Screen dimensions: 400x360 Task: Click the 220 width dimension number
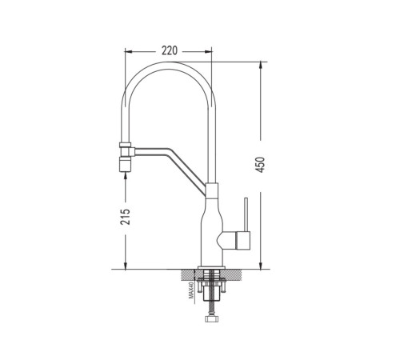(x=170, y=50)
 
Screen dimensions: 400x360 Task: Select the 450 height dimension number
(x=260, y=165)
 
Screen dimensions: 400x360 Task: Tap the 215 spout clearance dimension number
(x=126, y=217)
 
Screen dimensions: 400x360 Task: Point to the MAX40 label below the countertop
(x=191, y=290)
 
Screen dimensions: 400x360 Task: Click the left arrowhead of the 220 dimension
(x=128, y=51)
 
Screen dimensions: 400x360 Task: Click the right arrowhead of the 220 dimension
(x=208, y=51)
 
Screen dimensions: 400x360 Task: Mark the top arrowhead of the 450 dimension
(x=261, y=65)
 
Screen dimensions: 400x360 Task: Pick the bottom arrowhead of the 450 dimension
(x=261, y=266)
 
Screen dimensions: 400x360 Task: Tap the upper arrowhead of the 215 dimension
(x=126, y=175)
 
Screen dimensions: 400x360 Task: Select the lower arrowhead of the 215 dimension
(x=126, y=266)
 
